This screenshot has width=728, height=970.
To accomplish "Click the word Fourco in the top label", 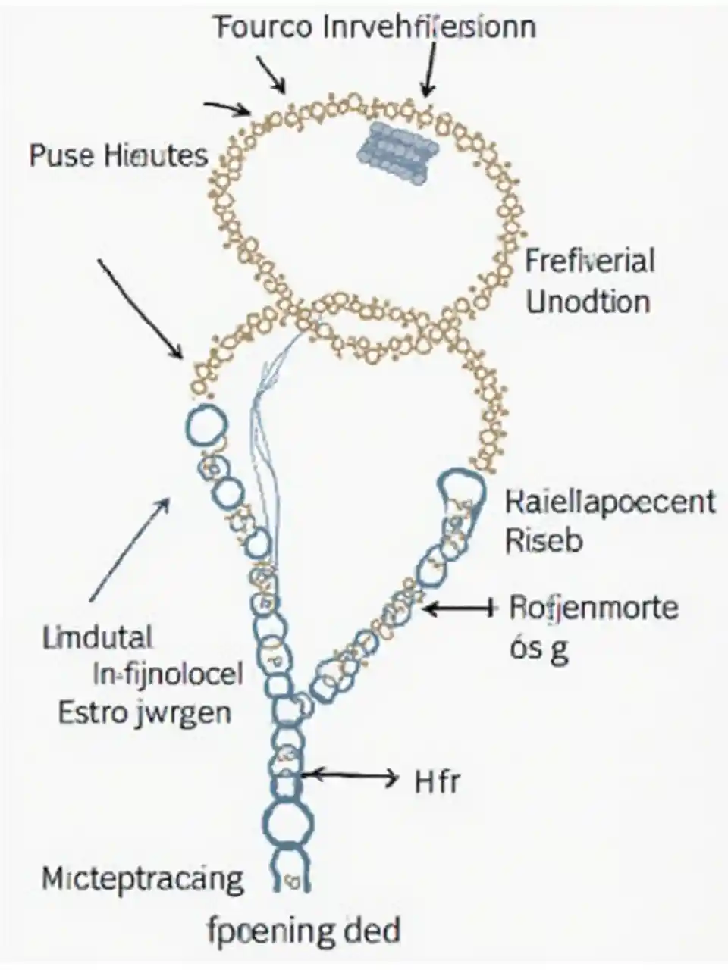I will pos(263,27).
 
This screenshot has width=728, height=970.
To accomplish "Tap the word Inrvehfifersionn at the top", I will pos(430,27).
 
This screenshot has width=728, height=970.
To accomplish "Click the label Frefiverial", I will pos(589,261).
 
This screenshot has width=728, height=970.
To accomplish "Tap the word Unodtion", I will pos(588,301).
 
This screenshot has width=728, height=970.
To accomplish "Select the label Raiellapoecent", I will pos(610,502).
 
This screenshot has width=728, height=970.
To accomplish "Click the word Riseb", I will pos(543,541).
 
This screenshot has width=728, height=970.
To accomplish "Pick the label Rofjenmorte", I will pos(594,607).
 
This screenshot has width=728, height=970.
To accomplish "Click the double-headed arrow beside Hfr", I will pos(350,775).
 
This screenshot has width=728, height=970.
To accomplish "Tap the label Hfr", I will pos(437,781).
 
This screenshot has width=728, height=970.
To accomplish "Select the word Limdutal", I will pos(98,637).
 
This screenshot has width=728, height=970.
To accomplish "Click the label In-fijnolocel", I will pos(166,673).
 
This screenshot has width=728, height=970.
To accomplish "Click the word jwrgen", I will pos(190,714).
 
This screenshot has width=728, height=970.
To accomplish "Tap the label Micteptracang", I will pos(143,879).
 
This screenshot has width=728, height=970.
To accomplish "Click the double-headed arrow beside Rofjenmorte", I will pos(460,607).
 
